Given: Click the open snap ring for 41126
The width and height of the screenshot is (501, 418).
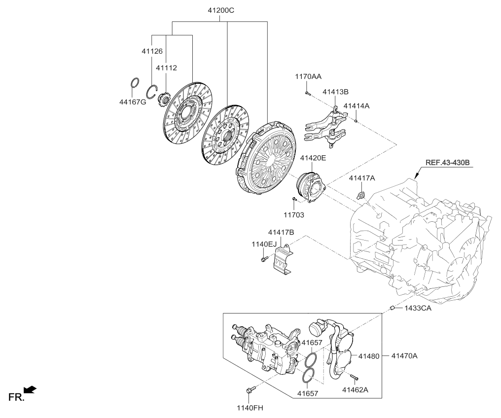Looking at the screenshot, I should click(x=153, y=92).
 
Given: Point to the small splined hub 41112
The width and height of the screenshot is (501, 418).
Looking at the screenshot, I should click(x=164, y=102).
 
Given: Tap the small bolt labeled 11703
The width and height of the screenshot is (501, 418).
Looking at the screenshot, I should click(x=293, y=199).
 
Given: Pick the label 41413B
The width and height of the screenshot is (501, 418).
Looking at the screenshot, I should click(x=335, y=92).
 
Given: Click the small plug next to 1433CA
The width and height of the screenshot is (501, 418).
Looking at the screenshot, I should click(x=393, y=308).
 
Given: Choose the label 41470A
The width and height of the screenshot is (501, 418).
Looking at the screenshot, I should click(x=404, y=355).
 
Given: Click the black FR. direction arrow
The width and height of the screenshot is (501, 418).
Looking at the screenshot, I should click(x=30, y=390).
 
